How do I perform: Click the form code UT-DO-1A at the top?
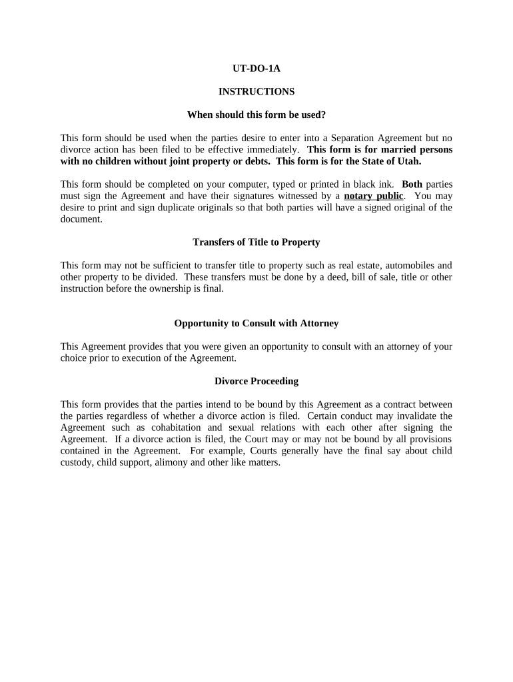[x=256, y=68]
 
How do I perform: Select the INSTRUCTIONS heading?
[x=256, y=91]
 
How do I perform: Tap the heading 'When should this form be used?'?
[x=256, y=115]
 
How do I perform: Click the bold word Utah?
[x=408, y=161]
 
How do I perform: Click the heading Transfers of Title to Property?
[x=256, y=242]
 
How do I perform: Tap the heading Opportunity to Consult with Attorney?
[x=256, y=323]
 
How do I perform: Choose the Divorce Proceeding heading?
[x=256, y=381]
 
